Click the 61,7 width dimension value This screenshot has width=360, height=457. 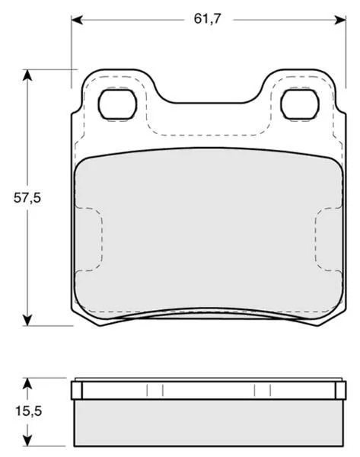(207, 19)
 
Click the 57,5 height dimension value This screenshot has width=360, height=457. (27, 198)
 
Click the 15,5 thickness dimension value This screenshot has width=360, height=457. (29, 411)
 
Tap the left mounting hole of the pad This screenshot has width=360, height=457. (117, 104)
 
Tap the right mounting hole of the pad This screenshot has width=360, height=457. (300, 104)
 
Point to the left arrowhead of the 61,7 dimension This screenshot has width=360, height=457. (77, 20)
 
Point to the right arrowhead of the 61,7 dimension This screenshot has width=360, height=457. (340, 20)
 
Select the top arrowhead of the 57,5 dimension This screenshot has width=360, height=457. (27, 75)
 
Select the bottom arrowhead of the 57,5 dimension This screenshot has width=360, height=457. (27, 320)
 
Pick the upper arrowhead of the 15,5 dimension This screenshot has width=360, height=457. (27, 384)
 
